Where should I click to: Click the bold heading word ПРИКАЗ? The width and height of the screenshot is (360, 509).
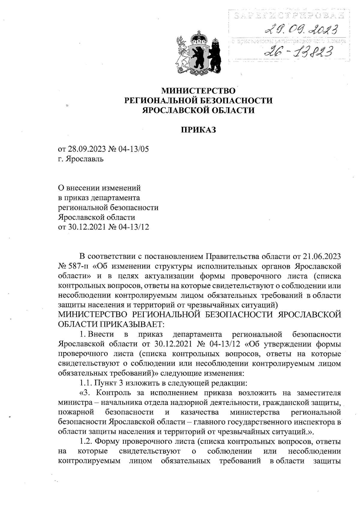[199, 130]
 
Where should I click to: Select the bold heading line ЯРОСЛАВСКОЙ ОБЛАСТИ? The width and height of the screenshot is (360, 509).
[199, 110]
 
